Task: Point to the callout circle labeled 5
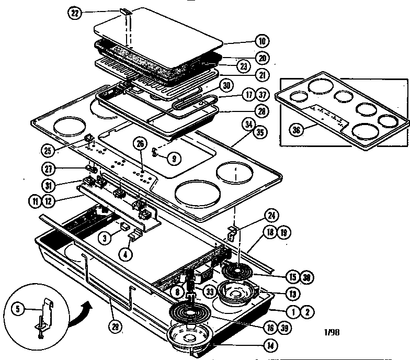[18, 309]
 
